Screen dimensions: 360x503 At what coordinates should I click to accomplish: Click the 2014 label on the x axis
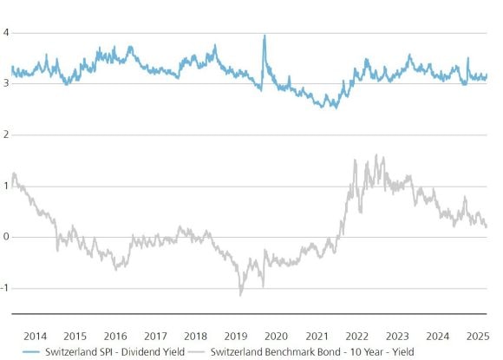(36, 335)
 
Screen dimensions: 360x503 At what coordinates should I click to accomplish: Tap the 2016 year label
(115, 335)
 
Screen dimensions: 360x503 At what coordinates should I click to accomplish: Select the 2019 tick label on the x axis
(236, 335)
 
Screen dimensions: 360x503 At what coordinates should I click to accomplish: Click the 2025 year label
(476, 335)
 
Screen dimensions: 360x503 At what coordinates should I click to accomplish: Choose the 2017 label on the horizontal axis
(155, 335)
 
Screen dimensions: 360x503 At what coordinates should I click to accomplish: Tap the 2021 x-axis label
(316, 335)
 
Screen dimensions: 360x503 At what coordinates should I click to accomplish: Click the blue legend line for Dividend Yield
(18, 351)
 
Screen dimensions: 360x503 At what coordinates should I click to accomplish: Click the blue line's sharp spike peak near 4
(264, 36)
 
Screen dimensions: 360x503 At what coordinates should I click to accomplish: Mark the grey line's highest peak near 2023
(376, 155)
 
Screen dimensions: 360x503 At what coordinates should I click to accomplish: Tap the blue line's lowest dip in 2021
(334, 108)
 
